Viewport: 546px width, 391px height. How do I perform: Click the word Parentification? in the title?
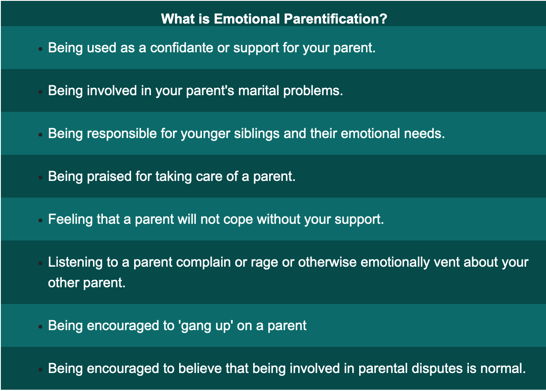point(336,19)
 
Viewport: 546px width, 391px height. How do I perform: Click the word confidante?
point(182,48)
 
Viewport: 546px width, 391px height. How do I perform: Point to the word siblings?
point(257,134)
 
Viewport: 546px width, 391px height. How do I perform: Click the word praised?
point(109,177)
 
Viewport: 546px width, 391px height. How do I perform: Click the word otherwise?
point(327,262)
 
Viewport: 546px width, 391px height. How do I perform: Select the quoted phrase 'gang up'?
point(205,326)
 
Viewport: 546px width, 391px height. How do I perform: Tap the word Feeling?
point(70,220)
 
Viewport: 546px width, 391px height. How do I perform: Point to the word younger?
point(205,134)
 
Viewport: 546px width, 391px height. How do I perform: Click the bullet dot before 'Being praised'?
point(40,177)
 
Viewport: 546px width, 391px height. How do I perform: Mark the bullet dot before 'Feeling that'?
point(40,220)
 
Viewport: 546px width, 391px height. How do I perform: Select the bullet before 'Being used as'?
point(40,49)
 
